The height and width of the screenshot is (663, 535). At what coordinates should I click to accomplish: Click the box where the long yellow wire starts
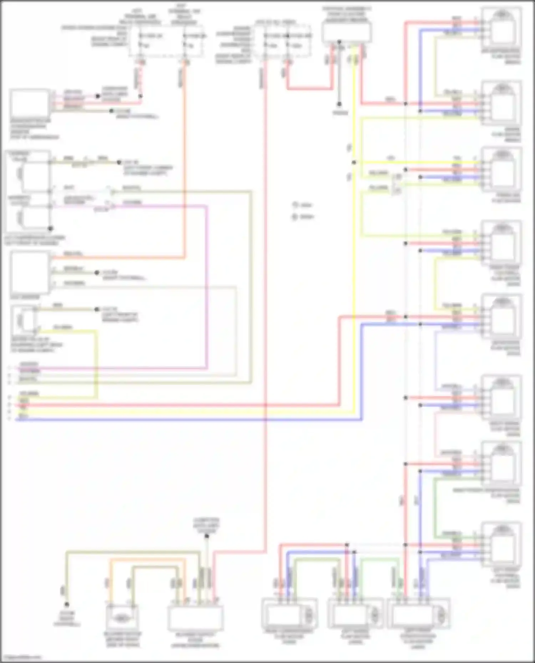pyautogui.click(x=346, y=32)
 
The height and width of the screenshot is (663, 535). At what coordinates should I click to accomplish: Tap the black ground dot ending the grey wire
pyautogui.click(x=339, y=104)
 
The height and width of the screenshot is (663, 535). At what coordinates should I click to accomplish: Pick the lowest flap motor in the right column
pyautogui.click(x=501, y=543)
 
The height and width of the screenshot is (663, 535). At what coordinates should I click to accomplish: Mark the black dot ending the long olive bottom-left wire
pyautogui.click(x=66, y=604)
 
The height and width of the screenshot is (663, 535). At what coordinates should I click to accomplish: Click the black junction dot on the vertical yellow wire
pyautogui.click(x=354, y=162)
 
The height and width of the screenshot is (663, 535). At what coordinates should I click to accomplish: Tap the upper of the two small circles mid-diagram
pyautogui.click(x=295, y=205)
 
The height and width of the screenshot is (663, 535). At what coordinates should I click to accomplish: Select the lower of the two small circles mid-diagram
pyautogui.click(x=295, y=217)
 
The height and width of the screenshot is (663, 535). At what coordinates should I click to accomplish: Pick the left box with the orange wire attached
pyautogui.click(x=30, y=272)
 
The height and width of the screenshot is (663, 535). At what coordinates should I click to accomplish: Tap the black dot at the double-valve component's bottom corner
pyautogui.click(x=51, y=228)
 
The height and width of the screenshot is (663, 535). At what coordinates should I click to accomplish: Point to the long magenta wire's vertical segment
pyautogui.click(x=207, y=285)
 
